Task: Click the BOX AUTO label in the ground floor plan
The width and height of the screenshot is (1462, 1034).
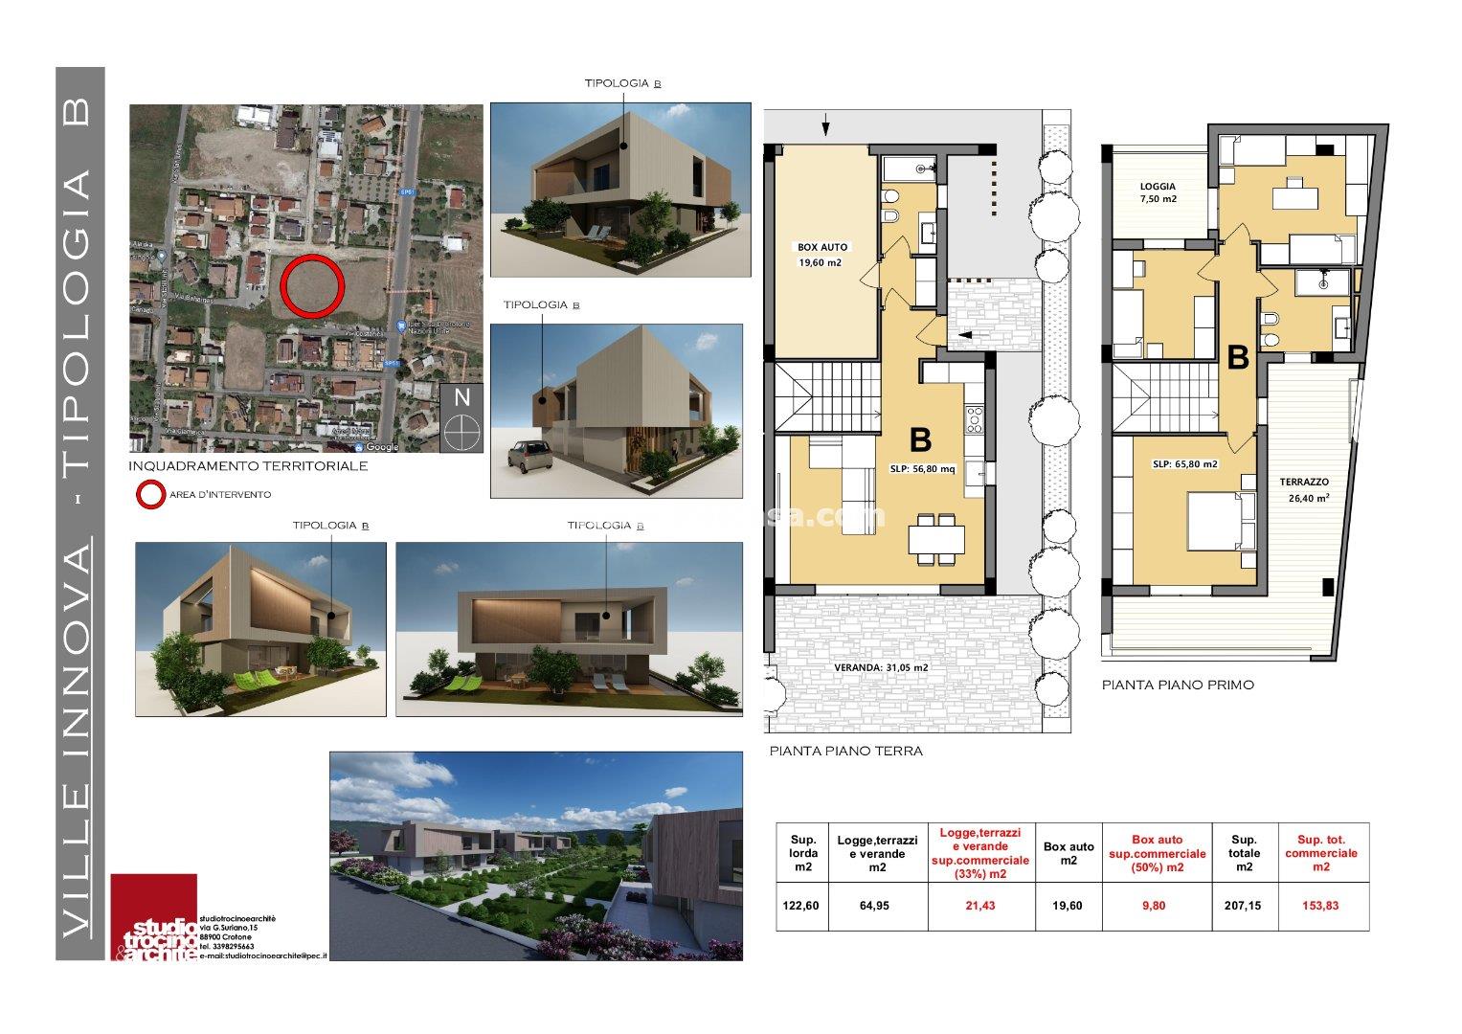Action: (x=821, y=247)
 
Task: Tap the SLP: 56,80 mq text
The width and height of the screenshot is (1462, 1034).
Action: (x=922, y=469)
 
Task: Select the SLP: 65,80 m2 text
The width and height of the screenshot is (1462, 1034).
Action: (x=1184, y=463)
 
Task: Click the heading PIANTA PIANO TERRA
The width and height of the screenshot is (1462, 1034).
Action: (x=845, y=752)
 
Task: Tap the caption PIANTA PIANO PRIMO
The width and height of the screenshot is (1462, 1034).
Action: (x=1177, y=685)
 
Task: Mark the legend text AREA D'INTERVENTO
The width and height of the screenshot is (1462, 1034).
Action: (x=220, y=495)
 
